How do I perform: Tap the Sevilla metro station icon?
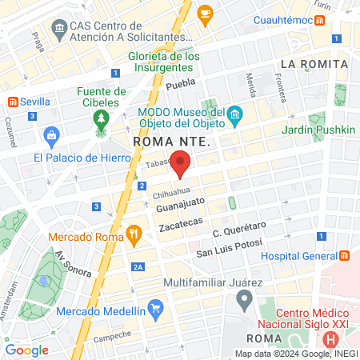[x=14, y=102]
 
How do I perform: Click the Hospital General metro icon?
[x=345, y=255]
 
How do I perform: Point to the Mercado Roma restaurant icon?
[x=134, y=235]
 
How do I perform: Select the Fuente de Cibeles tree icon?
[x=101, y=120]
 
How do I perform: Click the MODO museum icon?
[x=235, y=117]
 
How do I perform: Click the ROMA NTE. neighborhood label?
[x=170, y=142]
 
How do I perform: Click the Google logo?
[x=27, y=350]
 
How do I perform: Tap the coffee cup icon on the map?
[x=205, y=13]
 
